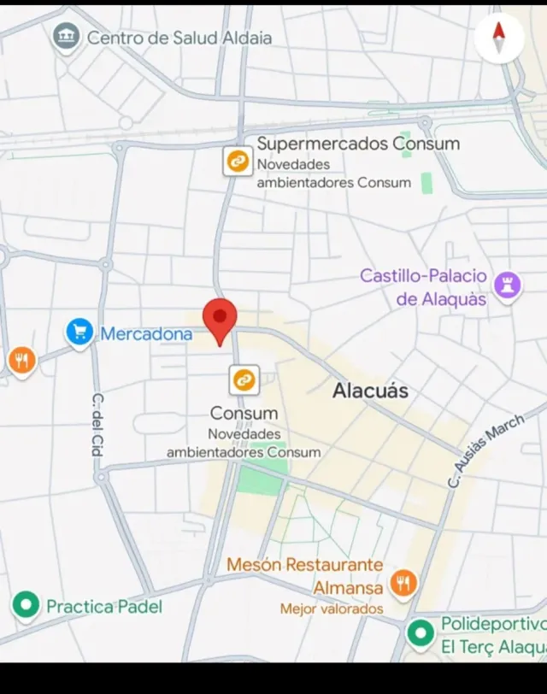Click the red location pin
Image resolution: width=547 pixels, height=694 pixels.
coord(220,319)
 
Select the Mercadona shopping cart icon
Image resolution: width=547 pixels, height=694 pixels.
coord(79,333)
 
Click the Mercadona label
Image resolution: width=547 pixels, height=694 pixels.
coord(146,334)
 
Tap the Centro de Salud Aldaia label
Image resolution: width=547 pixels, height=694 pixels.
coord(179,38)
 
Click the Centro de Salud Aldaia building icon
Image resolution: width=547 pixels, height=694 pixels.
coord(66,37)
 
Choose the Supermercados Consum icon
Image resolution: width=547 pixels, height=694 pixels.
coord(238,161)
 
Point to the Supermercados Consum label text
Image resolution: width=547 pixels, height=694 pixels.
coord(358,144)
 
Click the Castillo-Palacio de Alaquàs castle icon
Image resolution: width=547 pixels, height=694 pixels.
coord(508,287)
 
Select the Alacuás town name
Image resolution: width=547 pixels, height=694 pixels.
coord(370,391)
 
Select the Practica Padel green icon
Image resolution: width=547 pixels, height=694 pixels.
coord(26,606)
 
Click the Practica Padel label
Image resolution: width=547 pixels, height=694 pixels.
coord(103,607)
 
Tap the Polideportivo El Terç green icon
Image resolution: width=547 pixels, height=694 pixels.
coord(420,634)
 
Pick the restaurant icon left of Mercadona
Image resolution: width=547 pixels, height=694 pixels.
coord(21,362)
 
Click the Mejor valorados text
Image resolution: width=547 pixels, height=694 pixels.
coord(332,609)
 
